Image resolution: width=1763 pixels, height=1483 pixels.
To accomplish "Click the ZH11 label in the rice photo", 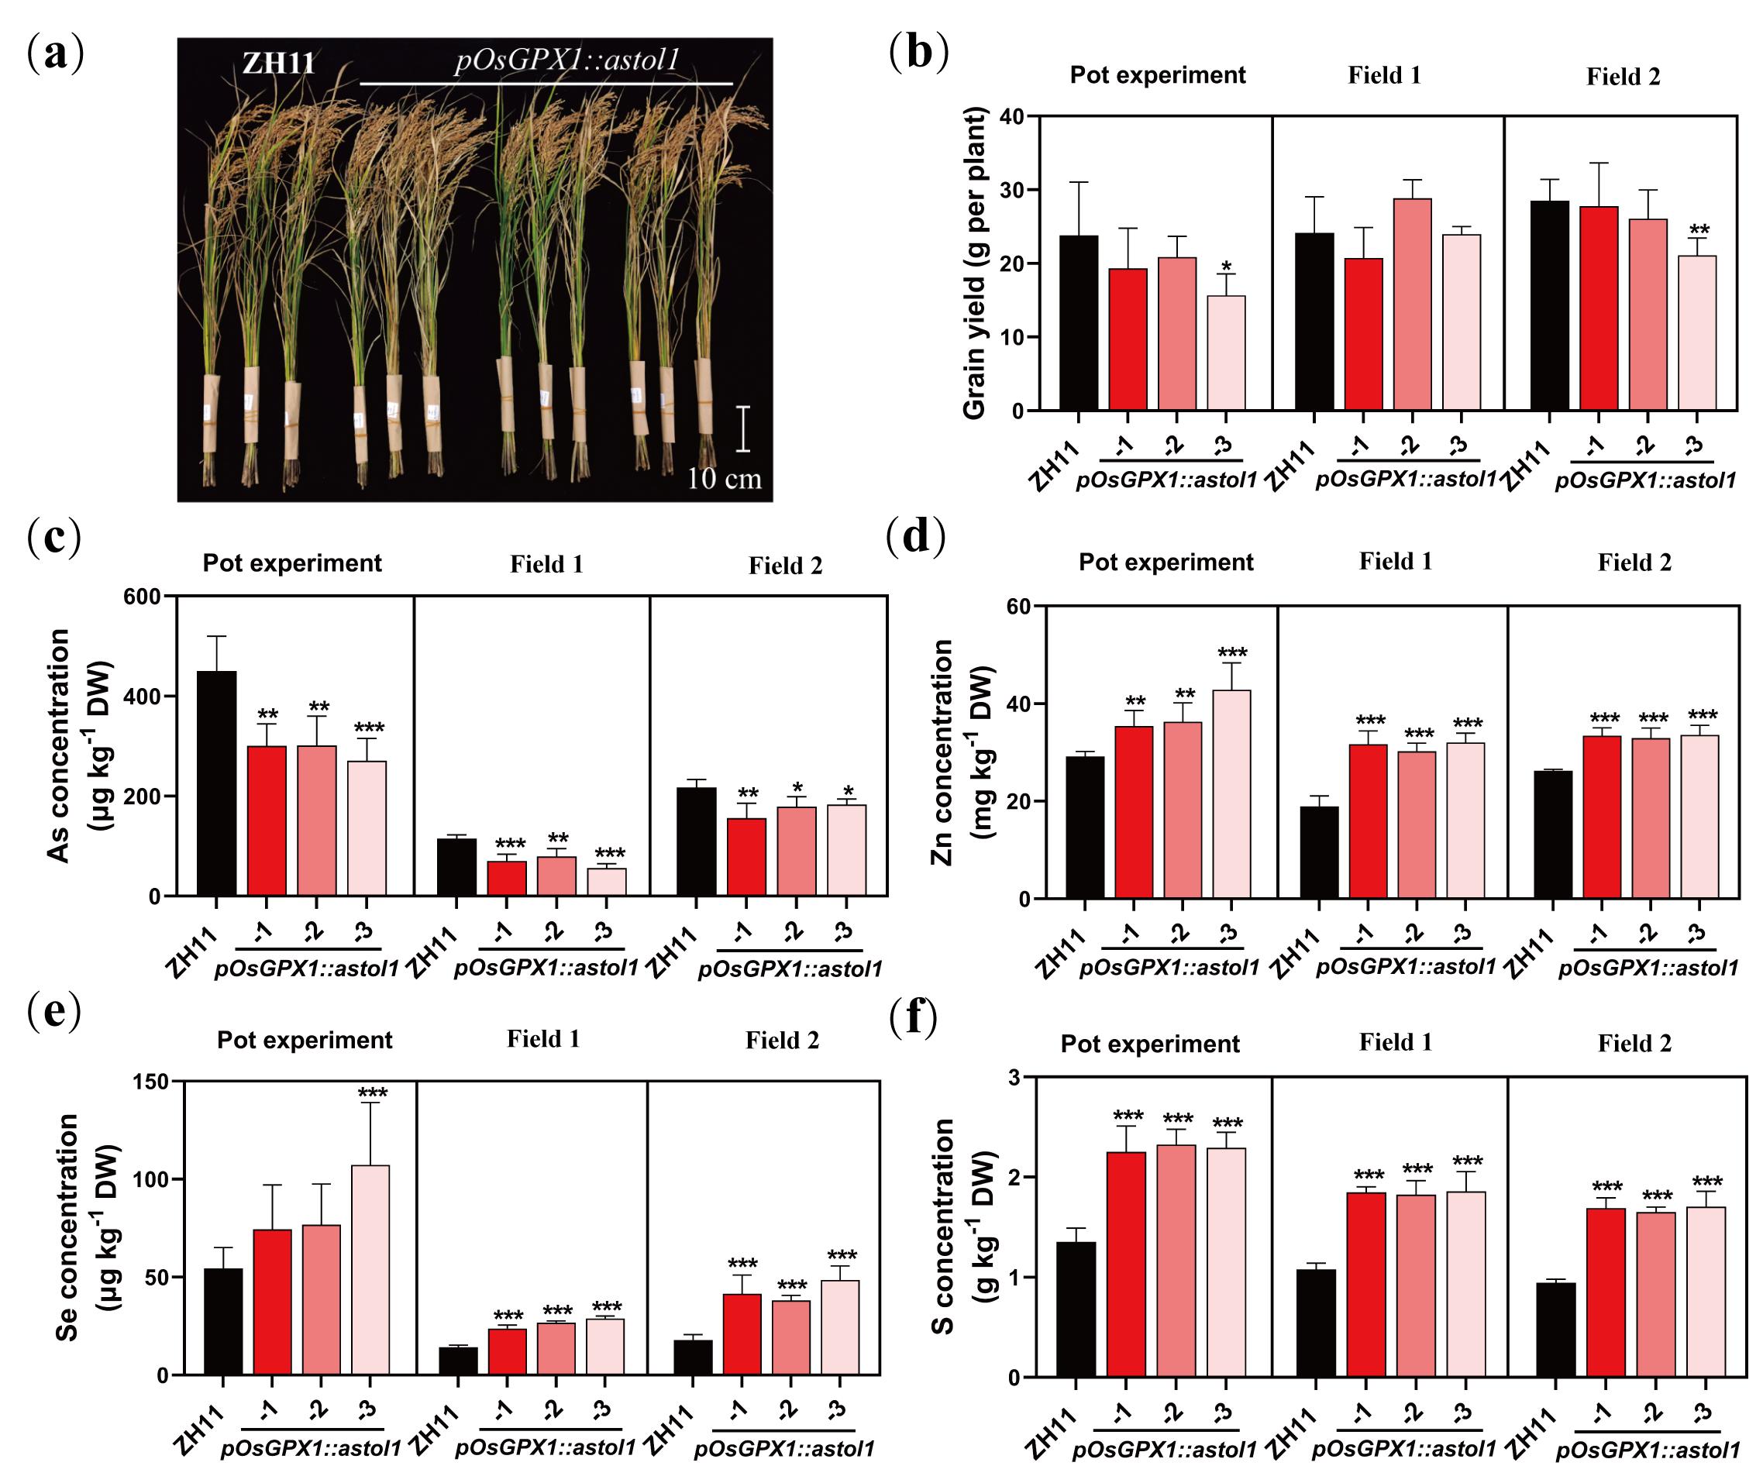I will [278, 63].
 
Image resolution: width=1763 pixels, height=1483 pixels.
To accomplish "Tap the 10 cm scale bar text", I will [724, 479].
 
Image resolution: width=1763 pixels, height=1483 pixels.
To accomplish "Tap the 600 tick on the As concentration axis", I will [142, 597].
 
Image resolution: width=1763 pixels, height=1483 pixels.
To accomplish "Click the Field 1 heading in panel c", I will [546, 564].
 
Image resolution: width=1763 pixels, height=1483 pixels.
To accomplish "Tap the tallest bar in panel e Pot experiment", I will [370, 1269].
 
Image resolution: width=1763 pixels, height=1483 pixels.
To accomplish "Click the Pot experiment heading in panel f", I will [1149, 1044].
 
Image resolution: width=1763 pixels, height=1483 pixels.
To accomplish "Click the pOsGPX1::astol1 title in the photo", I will [566, 60].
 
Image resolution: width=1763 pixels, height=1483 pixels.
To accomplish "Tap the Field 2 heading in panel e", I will [782, 1041].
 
